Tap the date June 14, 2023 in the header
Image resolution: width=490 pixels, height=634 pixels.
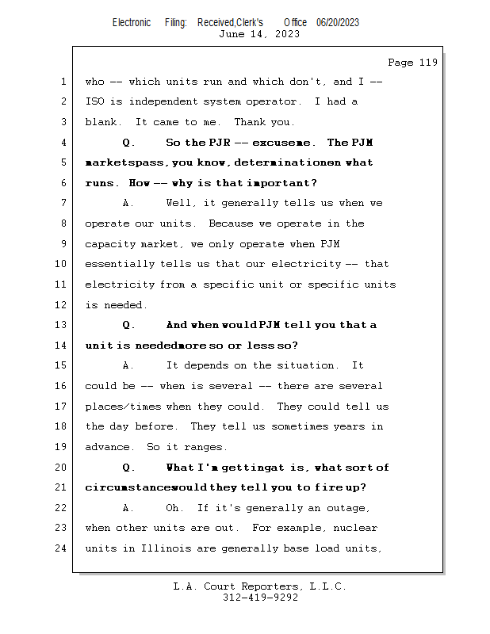258,33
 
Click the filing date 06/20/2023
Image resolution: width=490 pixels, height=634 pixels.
337,22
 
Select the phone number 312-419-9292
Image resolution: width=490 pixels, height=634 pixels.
260,598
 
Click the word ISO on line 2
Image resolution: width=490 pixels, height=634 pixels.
95,101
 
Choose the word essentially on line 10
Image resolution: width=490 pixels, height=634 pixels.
120,264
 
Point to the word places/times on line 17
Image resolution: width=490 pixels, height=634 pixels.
122,407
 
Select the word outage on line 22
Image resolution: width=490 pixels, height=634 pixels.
346,508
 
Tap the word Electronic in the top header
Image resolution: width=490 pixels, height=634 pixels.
132,22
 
